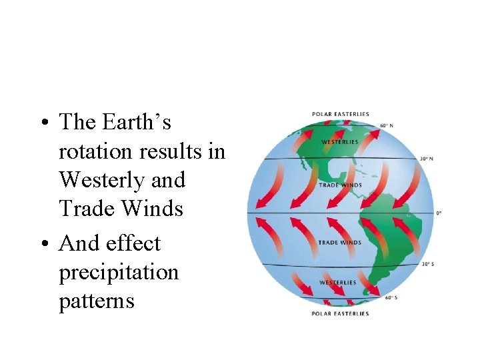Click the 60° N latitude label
click(x=386, y=125)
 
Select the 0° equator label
click(x=439, y=213)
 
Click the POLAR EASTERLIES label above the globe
click(x=341, y=114)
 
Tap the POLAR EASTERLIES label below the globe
click(x=340, y=313)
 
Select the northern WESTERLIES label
click(x=340, y=142)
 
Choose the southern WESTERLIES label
click(x=338, y=283)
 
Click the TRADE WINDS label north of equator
click(x=340, y=185)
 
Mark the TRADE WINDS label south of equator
click(x=340, y=242)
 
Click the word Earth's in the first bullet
click(x=137, y=122)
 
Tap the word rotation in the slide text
click(x=96, y=151)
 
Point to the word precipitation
click(x=119, y=273)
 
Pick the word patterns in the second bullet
click(x=97, y=301)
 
